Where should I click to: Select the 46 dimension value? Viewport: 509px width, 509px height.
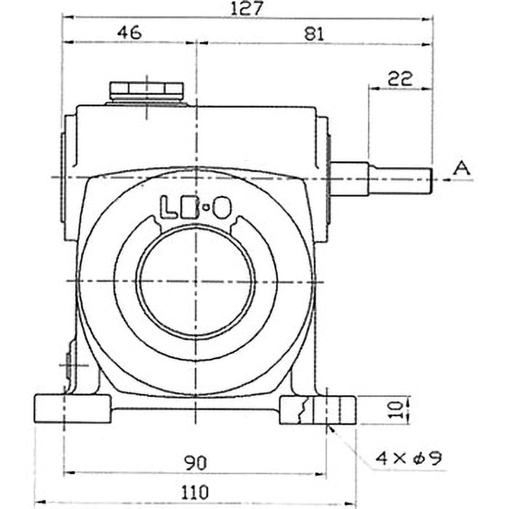pos(129,34)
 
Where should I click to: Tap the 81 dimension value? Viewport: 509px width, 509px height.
pos(314,34)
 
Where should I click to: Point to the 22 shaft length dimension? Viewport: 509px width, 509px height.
pos(400,78)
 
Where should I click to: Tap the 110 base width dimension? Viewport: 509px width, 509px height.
pos(196,491)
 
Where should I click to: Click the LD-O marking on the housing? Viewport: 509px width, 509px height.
pos(195,207)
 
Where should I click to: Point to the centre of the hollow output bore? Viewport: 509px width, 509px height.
pos(197,281)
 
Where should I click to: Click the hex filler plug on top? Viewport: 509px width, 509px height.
pos(146,91)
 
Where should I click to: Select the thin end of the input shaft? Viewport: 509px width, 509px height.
pos(401,179)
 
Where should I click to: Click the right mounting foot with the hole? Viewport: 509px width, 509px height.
pos(318,410)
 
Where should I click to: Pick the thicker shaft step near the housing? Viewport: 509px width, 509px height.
pos(349,179)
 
